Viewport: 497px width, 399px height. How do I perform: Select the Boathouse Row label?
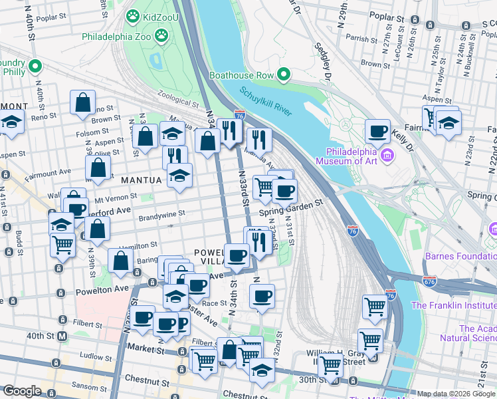pyautogui.click(x=242, y=75)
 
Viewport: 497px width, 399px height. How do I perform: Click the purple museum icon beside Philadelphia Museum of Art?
pyautogui.click(x=388, y=156)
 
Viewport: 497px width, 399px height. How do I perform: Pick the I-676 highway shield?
pyautogui.click(x=430, y=281)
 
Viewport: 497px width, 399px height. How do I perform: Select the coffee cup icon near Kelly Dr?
pyautogui.click(x=377, y=131)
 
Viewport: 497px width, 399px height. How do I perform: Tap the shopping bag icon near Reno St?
pyautogui.click(x=83, y=103)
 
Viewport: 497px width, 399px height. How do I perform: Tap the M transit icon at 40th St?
pyautogui.click(x=62, y=336)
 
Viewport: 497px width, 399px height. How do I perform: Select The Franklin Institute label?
pyautogui.click(x=453, y=305)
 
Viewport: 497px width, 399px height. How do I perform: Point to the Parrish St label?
pyautogui.click(x=361, y=39)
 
